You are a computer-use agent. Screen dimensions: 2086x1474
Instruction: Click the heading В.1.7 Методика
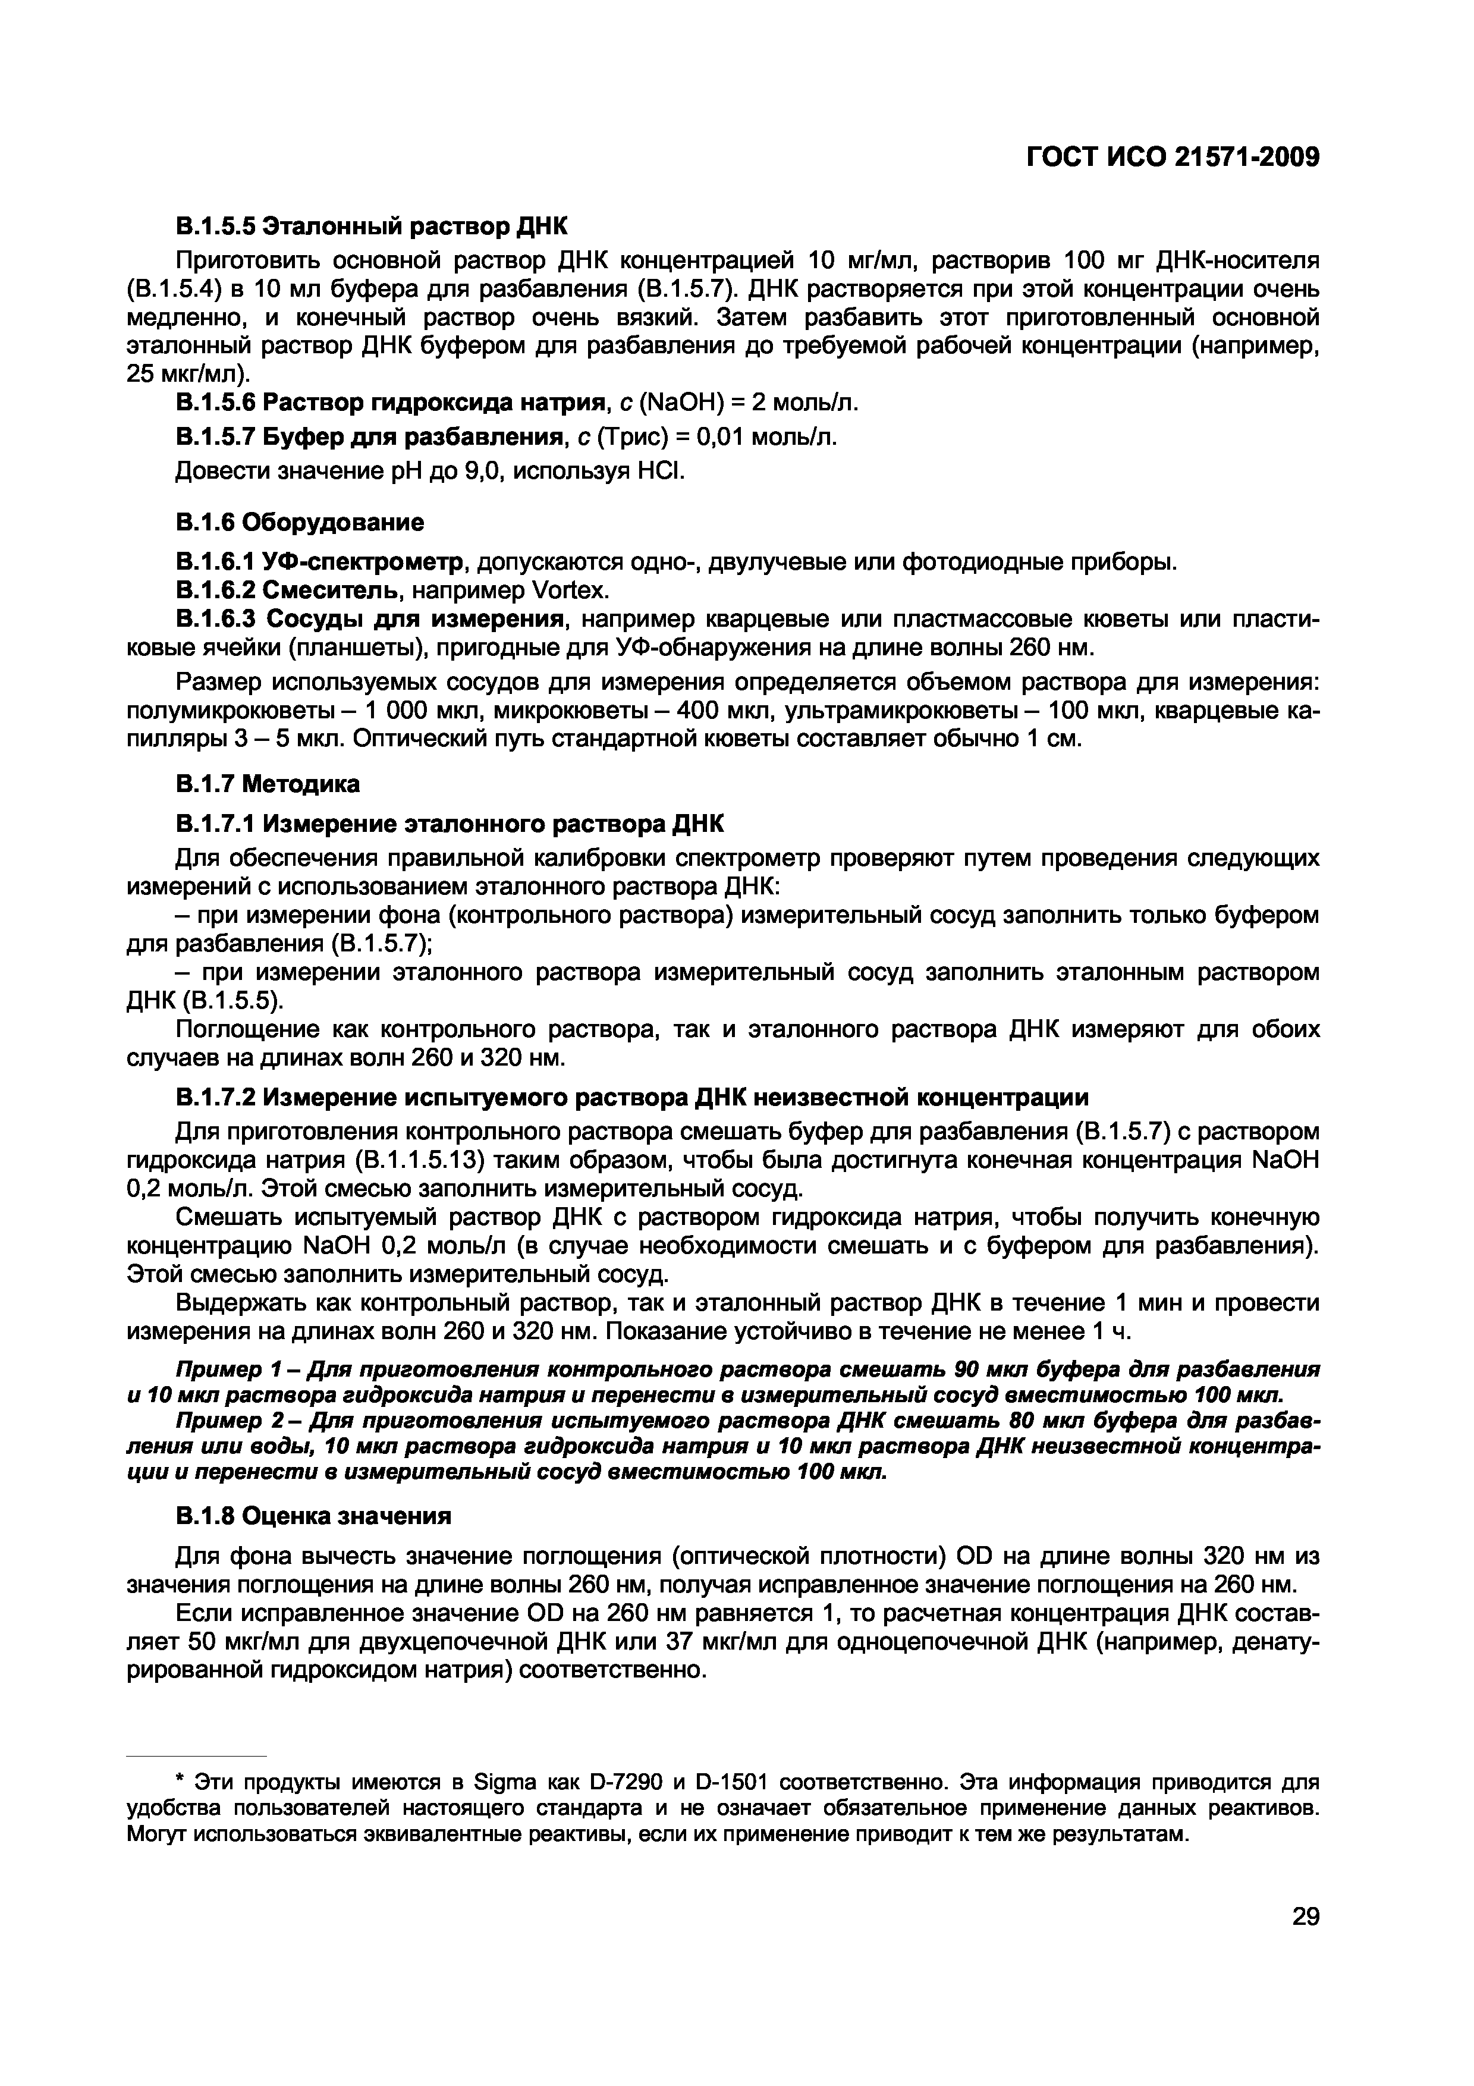(x=267, y=783)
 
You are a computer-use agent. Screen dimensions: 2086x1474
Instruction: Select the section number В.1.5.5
(x=215, y=224)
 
